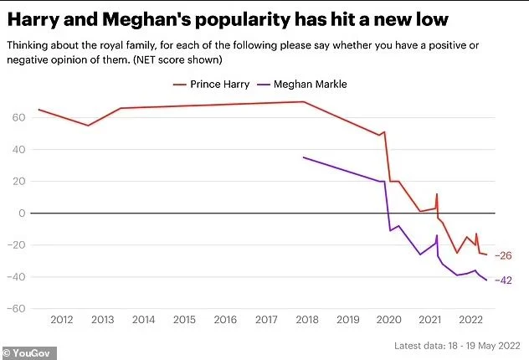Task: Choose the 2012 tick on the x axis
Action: [60, 320]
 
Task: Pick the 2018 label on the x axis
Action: [306, 320]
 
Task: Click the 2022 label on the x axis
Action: [470, 320]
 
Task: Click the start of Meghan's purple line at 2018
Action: [304, 157]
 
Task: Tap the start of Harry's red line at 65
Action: [39, 110]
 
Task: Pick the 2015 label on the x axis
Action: [182, 320]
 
